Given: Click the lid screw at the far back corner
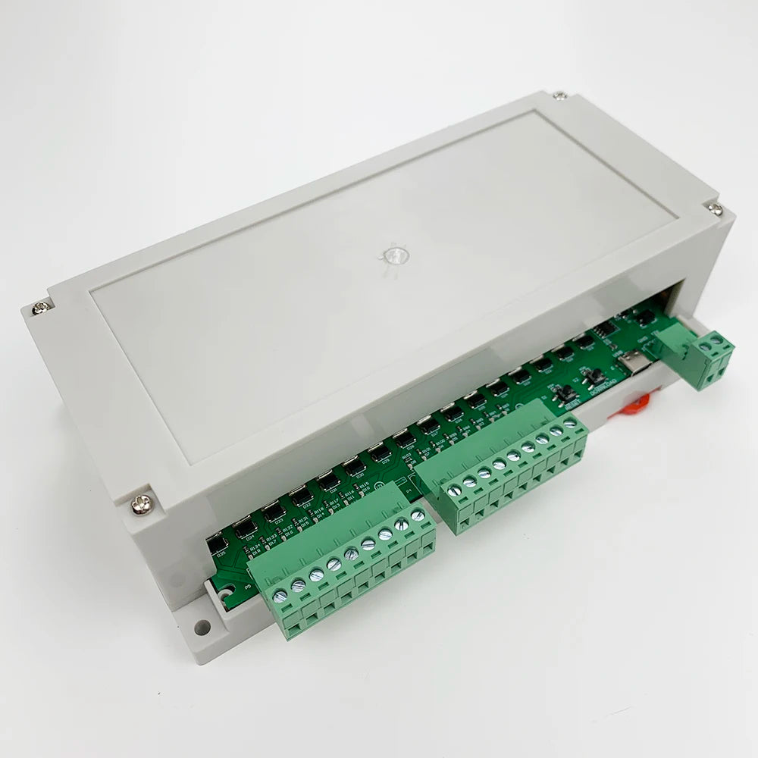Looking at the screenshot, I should point(559,96).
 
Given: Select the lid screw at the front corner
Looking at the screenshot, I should point(142,503).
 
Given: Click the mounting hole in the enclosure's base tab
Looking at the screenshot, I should point(202,627).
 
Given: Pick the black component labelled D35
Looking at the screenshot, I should point(218,542).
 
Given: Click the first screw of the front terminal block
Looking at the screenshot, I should point(281,595).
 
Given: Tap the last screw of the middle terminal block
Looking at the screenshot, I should point(570,423).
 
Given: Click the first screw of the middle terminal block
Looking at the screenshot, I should point(455,492).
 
